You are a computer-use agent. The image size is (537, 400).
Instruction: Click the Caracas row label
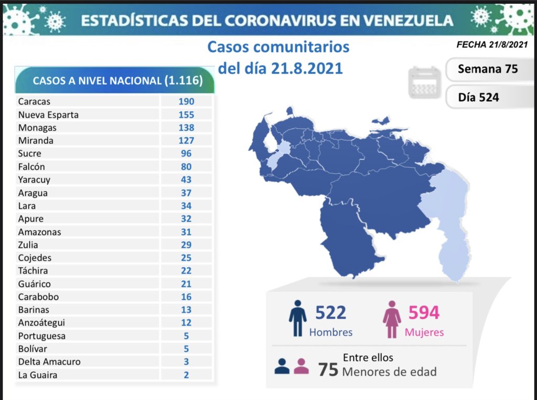[x=34, y=101]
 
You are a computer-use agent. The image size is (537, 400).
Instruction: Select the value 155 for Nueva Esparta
[x=186, y=114]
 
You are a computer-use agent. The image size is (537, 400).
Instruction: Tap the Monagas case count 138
[x=186, y=128]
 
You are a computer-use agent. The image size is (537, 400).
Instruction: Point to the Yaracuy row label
[x=34, y=180]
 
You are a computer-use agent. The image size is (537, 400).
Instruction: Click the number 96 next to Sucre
[x=186, y=153]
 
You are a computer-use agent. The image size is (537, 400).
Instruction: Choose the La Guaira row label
[x=37, y=375]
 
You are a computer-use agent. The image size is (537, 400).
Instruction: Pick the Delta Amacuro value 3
[x=186, y=362]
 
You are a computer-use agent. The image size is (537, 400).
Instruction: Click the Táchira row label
[x=33, y=270]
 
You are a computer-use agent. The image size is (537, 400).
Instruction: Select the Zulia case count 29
[x=186, y=245]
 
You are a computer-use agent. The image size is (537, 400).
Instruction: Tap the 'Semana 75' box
[x=487, y=69]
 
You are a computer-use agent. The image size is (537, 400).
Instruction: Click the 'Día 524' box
[x=478, y=97]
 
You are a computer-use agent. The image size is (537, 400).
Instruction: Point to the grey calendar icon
[x=424, y=82]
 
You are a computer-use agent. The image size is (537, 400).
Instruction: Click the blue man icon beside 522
[x=297, y=318]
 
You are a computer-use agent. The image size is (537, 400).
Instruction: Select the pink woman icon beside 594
[x=392, y=318]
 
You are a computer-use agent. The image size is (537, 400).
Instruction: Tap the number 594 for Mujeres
[x=424, y=312]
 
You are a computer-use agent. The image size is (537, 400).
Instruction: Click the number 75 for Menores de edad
[x=328, y=369]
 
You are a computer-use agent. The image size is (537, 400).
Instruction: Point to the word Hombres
[x=331, y=332]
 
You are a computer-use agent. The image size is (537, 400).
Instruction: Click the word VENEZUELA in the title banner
[x=409, y=20]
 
